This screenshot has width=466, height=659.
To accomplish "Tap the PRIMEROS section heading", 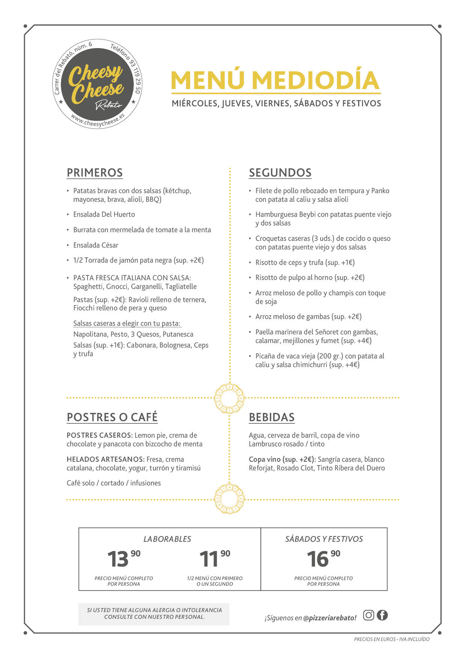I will (x=95, y=172).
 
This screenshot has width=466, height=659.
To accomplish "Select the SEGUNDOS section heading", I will (x=280, y=172).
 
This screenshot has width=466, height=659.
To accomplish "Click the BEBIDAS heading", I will (x=272, y=417).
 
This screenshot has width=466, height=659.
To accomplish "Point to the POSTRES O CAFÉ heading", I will (x=112, y=417).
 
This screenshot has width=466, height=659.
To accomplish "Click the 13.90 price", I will (x=123, y=559).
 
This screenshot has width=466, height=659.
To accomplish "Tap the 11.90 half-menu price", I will (x=214, y=559).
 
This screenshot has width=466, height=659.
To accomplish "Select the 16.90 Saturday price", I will (x=323, y=559).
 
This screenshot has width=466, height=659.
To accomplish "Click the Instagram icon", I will (x=369, y=615).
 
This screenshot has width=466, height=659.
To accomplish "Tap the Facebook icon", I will (x=382, y=615).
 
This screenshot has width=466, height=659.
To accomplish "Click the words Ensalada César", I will (x=96, y=245).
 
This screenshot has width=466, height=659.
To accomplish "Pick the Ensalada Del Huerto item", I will (x=104, y=214).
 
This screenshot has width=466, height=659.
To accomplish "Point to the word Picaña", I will (x=265, y=356).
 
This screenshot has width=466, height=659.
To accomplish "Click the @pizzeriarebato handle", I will (x=330, y=618).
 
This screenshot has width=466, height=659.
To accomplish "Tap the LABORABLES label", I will (x=167, y=539).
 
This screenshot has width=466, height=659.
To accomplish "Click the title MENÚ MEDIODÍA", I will (x=275, y=80).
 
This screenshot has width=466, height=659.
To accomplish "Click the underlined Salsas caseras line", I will (x=127, y=323).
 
